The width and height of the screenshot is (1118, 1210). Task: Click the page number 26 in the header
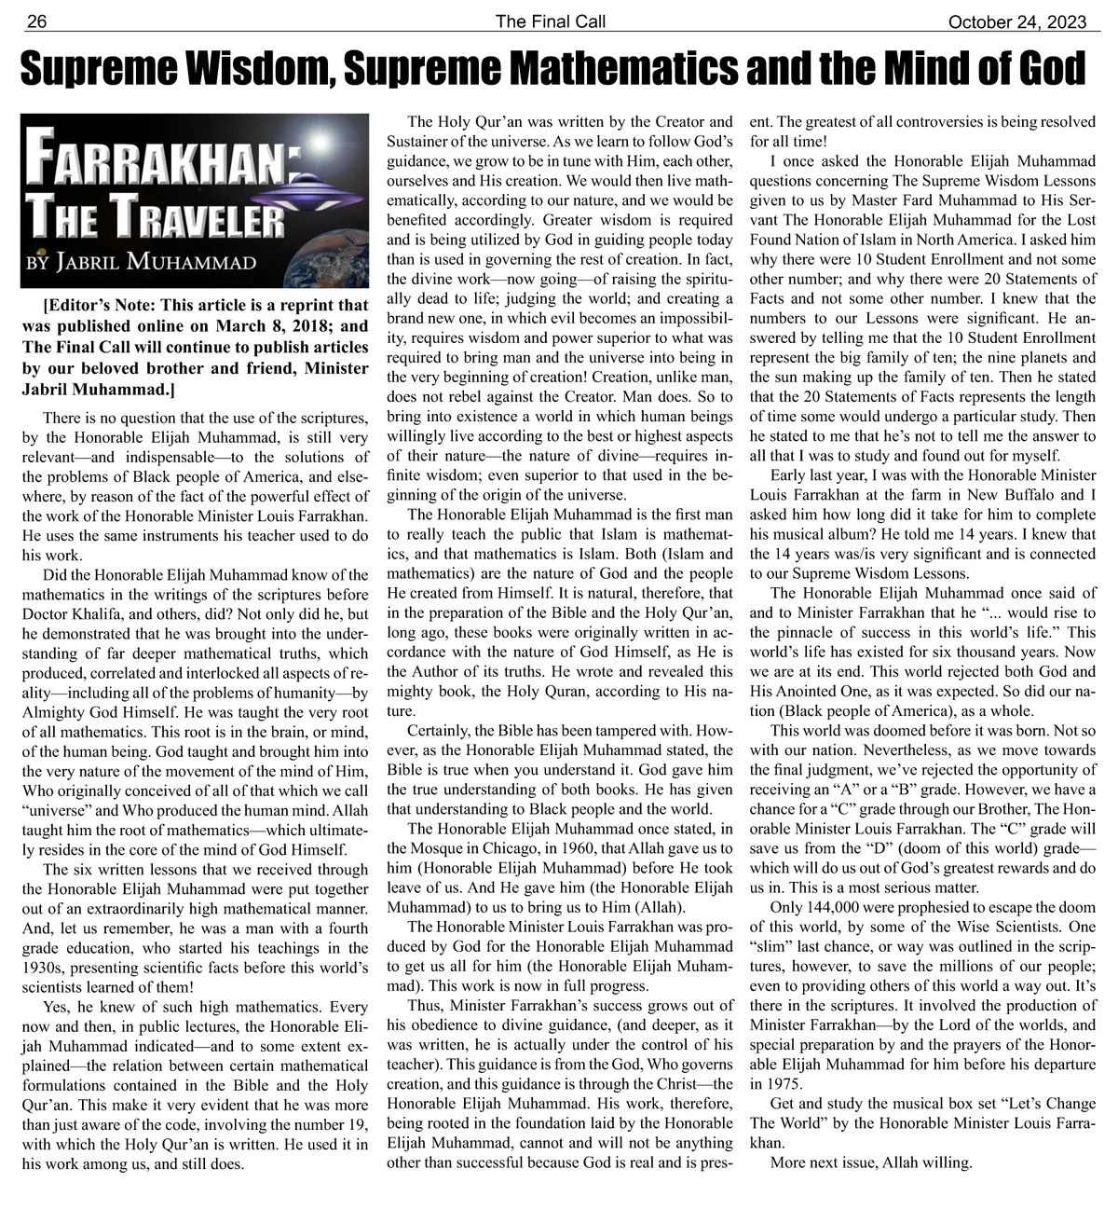[36, 21]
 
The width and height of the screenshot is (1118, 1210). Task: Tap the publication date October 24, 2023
[1023, 21]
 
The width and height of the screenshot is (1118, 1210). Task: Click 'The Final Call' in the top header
[550, 21]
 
